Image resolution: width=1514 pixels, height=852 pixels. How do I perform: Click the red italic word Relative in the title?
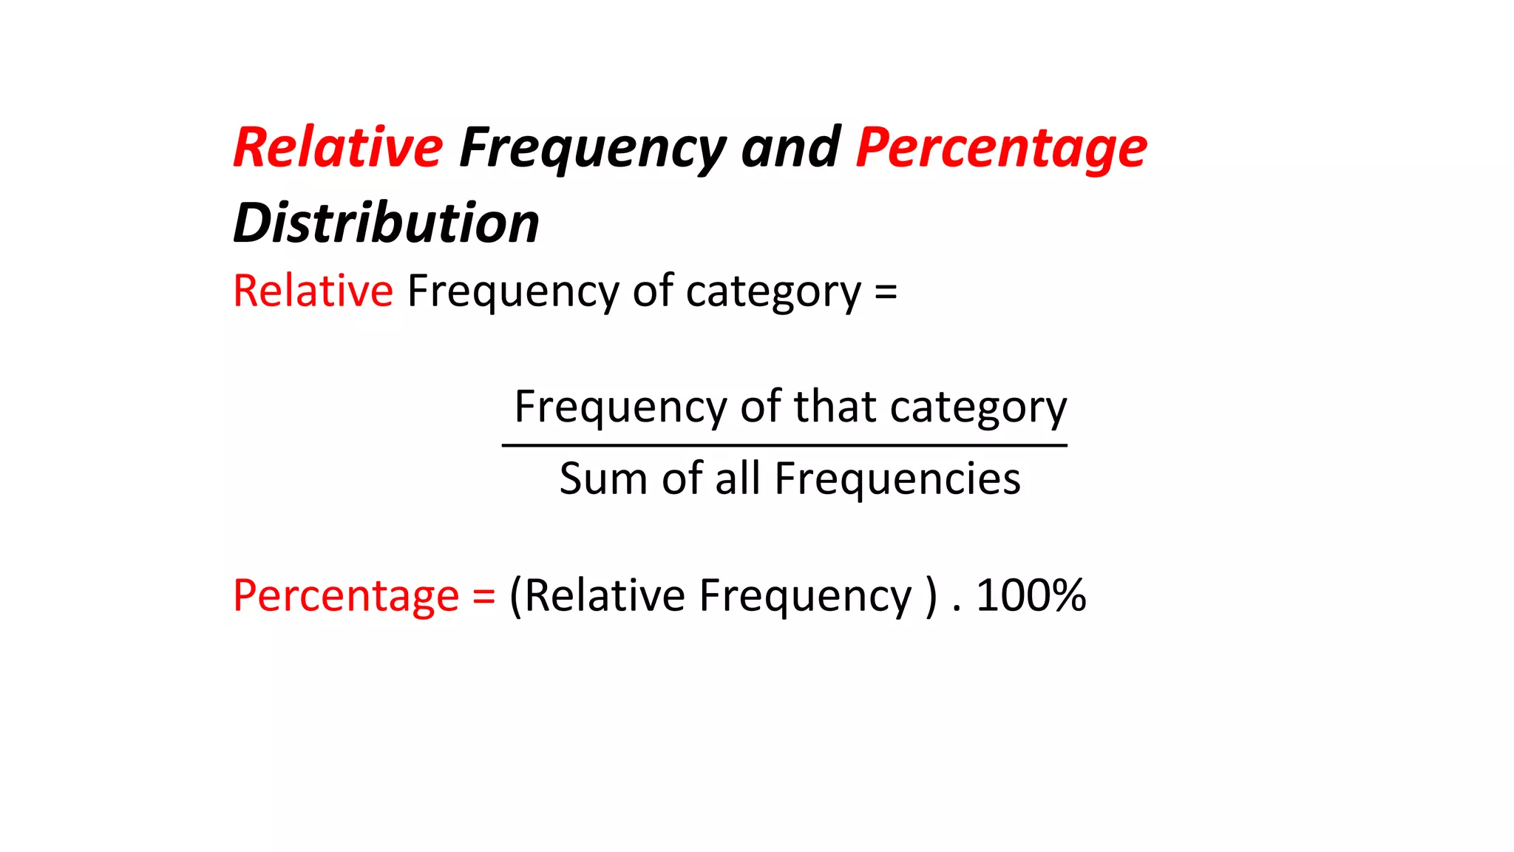point(338,148)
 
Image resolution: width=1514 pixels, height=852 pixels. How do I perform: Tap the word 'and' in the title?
point(790,148)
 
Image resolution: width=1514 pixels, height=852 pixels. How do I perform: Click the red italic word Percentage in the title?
point(1001,148)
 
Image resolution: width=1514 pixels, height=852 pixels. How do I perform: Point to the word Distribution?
point(386,223)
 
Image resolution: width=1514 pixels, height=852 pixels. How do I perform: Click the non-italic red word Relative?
point(313,291)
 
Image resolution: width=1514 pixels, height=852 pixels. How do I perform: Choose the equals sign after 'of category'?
point(886,291)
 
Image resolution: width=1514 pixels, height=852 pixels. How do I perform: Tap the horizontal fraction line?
point(784,445)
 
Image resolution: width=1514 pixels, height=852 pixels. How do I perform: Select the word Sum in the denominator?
point(603,479)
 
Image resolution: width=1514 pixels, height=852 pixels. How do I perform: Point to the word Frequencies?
point(897,479)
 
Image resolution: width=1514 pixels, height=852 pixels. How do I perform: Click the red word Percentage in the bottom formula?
point(346,596)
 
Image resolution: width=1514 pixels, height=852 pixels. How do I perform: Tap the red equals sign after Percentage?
point(484,596)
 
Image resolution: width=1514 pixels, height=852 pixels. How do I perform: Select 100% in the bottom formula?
point(1031,596)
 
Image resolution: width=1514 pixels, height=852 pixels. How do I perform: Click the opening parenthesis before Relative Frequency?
point(516,596)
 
